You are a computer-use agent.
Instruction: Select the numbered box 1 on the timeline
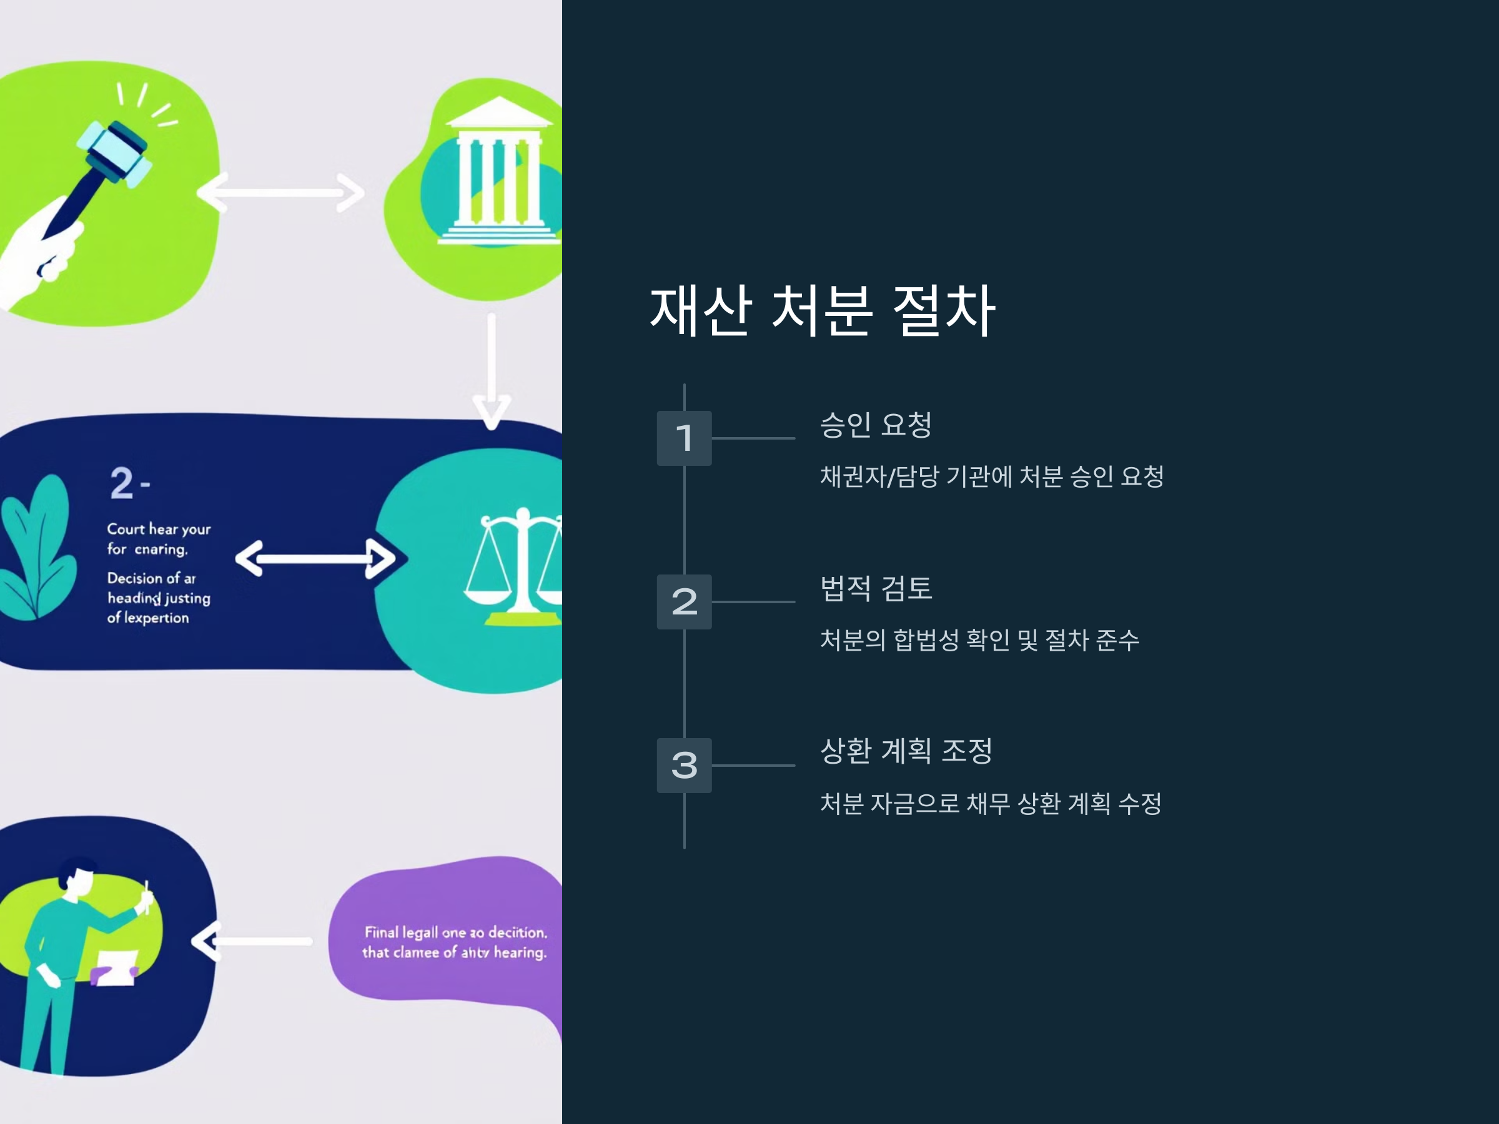(x=684, y=438)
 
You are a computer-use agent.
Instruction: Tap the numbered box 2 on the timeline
(x=684, y=601)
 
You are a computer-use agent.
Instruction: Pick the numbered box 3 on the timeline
(x=684, y=765)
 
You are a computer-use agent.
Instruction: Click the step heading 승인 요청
(x=876, y=425)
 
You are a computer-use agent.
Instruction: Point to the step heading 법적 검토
(x=876, y=588)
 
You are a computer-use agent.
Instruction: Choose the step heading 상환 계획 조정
(x=906, y=751)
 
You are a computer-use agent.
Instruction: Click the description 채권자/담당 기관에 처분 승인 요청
(x=991, y=476)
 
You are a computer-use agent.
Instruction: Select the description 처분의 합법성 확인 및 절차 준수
(x=979, y=639)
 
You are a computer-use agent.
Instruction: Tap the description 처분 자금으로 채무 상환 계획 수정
(x=991, y=804)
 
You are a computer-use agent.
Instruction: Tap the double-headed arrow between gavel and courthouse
(x=280, y=193)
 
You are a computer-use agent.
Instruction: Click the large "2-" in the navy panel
(x=129, y=483)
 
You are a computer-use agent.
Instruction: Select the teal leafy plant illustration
(x=37, y=549)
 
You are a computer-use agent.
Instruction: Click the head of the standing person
(x=77, y=877)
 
